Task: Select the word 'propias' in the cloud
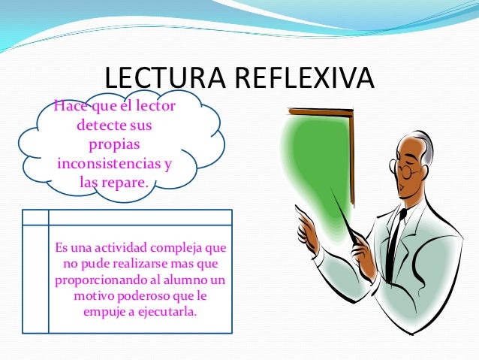click(114, 144)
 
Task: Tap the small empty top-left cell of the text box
click(35, 216)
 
